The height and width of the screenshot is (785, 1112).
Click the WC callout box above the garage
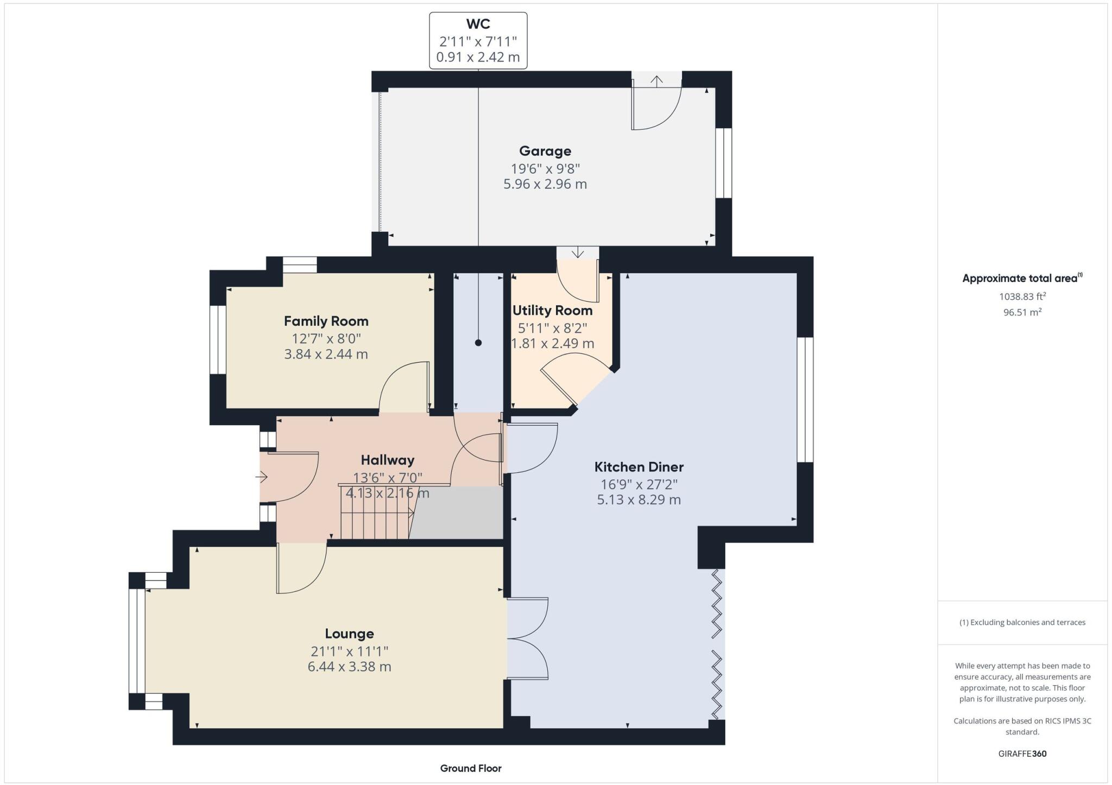478,41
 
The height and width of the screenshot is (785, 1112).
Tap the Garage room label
545,151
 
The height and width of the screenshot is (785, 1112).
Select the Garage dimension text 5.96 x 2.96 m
545,184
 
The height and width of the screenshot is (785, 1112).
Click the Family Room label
326,321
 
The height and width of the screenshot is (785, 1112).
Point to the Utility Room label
552,311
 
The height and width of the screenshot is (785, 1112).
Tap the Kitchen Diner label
639,467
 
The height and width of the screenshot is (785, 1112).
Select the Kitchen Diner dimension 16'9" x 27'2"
639,484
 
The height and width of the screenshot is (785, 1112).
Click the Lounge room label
349,634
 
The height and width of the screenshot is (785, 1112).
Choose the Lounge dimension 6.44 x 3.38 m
349,667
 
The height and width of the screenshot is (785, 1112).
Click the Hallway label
387,460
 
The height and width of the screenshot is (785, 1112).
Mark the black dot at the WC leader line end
478,343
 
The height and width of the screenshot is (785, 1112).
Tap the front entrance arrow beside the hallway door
262,477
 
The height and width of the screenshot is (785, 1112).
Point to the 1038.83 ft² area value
1022,296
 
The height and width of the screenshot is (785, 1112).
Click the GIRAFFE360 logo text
1022,754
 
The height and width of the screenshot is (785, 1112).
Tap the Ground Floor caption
470,768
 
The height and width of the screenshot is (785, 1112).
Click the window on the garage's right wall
723,163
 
